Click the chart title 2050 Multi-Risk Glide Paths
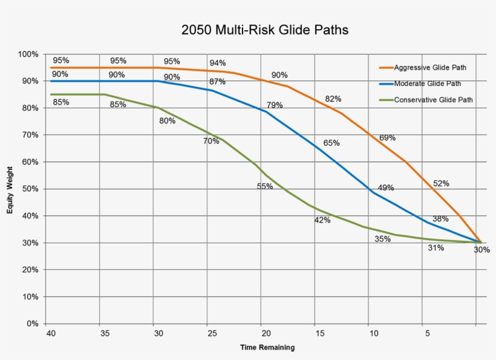(265, 30)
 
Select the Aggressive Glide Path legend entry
(429, 67)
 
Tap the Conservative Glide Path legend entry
(433, 100)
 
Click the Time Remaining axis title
(267, 347)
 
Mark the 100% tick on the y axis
(28, 54)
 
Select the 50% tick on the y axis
(30, 189)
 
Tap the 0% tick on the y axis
(31, 324)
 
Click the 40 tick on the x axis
(50, 333)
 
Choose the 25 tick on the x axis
(212, 333)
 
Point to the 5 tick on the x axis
(428, 333)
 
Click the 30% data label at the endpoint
(481, 250)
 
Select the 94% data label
(218, 63)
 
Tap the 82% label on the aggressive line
(333, 99)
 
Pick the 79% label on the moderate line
(275, 105)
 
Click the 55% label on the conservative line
(265, 186)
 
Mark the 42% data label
(322, 220)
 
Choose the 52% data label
(441, 183)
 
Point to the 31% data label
(436, 247)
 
